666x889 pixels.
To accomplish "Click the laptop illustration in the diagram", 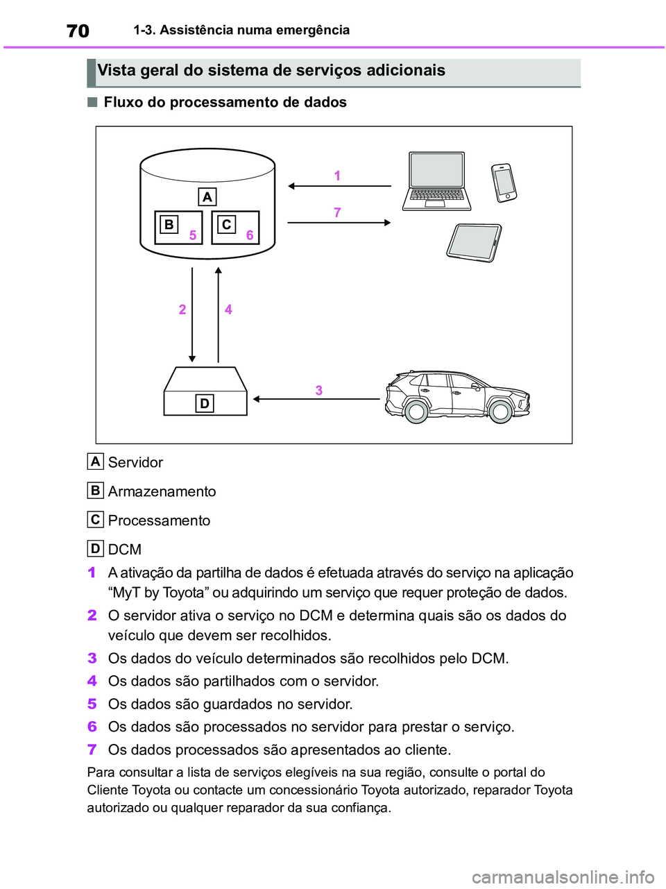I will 437,181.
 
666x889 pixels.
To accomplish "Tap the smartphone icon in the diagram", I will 504,183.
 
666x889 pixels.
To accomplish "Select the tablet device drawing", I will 475,242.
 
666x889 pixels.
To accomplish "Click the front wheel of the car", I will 501,411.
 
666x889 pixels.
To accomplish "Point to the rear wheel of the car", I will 416,411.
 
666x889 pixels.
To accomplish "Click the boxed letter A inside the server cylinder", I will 207,196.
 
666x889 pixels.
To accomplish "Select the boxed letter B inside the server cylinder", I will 169,225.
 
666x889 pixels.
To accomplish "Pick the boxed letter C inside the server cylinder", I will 226,225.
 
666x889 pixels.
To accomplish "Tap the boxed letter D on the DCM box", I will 205,403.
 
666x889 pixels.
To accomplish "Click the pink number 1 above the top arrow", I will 337,176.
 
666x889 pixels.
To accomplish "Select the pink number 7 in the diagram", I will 337,212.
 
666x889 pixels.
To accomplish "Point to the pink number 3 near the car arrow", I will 319,390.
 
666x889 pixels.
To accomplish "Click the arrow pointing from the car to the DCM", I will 316,399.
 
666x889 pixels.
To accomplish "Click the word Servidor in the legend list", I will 135,462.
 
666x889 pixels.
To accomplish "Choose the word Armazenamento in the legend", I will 162,491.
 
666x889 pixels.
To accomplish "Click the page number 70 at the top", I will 78,31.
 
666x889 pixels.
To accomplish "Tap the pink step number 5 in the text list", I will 92,704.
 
